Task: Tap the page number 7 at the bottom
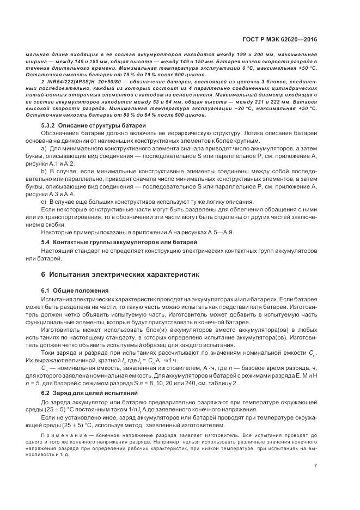(315, 465)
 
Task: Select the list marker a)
(44, 148)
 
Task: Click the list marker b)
(44, 171)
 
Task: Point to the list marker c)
(44, 202)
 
